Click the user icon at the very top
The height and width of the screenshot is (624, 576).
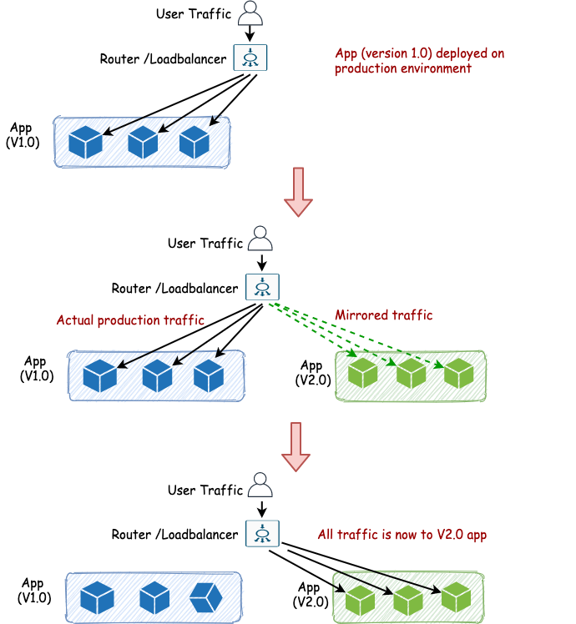[250, 13]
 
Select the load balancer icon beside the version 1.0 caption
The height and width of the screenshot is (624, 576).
[250, 58]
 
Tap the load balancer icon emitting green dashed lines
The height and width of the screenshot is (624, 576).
[262, 287]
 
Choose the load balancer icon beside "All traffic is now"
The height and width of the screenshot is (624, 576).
[262, 533]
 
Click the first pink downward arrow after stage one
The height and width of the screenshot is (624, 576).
[298, 191]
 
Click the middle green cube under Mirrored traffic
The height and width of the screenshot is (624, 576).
[411, 372]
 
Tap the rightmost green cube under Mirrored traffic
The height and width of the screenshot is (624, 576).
[458, 372]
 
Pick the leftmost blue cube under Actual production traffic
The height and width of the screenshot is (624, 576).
[99, 376]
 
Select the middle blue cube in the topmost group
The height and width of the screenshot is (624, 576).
[143, 142]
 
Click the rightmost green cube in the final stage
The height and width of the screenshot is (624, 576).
[456, 597]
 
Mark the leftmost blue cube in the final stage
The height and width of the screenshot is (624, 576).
[97, 597]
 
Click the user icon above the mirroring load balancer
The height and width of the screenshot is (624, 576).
[260, 239]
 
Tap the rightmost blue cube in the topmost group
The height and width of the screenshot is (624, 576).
[195, 142]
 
